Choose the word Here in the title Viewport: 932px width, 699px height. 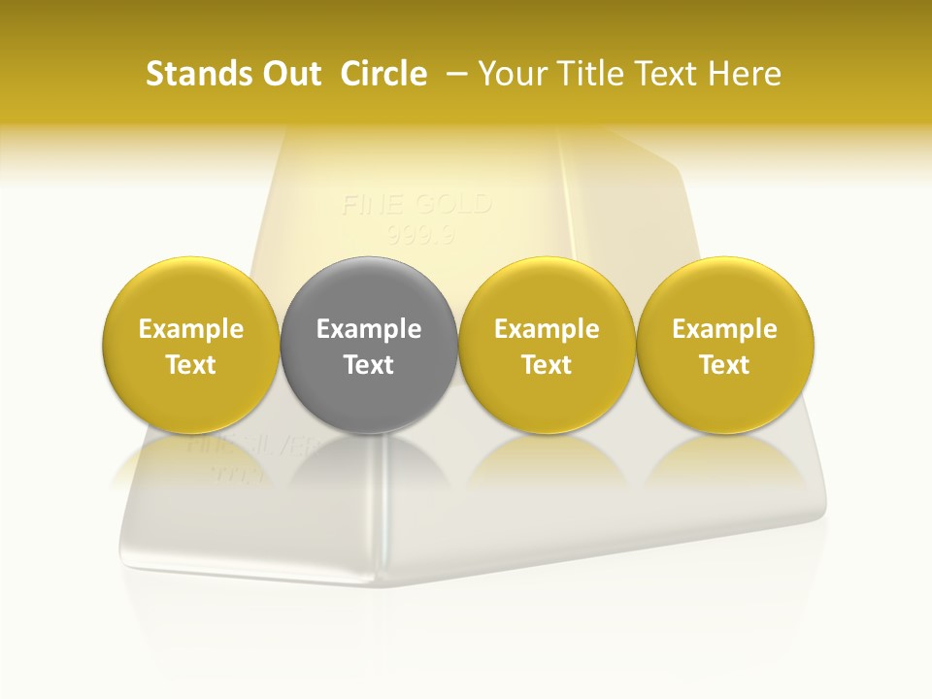pyautogui.click(x=745, y=74)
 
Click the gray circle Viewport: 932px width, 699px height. pyautogui.click(x=369, y=291)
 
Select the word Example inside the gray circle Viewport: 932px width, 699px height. pyautogui.click(x=369, y=329)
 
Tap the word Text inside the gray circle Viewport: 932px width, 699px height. pyautogui.click(x=369, y=365)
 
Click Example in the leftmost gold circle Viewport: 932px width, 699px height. pyautogui.click(x=191, y=329)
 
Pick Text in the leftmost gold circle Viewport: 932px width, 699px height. pyautogui.click(x=191, y=365)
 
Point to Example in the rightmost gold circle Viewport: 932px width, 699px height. pyautogui.click(x=725, y=329)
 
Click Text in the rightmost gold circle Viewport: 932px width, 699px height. pyautogui.click(x=725, y=365)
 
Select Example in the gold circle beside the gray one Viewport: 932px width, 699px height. pyautogui.click(x=547, y=329)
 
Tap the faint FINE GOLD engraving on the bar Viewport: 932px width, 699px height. pyautogui.click(x=416, y=205)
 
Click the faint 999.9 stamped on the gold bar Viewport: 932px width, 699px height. pyautogui.click(x=416, y=234)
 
